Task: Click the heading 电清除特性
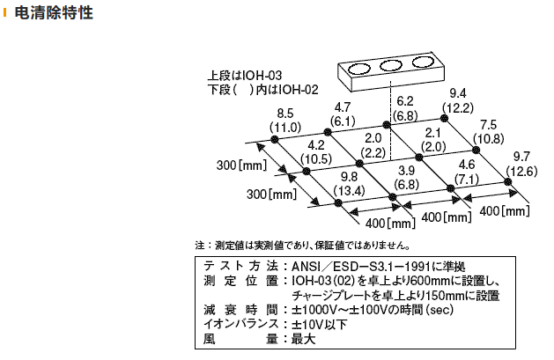click(55, 15)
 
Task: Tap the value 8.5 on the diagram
click(284, 114)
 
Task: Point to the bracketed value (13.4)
click(348, 191)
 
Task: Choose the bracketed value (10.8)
click(489, 138)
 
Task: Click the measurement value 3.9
click(407, 171)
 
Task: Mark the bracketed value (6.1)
click(343, 121)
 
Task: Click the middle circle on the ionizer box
click(389, 67)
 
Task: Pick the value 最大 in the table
click(303, 339)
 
